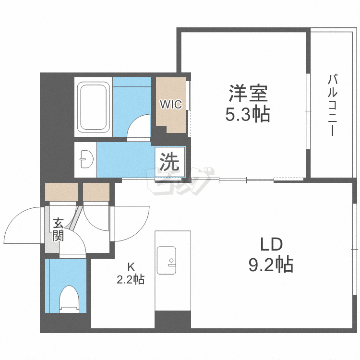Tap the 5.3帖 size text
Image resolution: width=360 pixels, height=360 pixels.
(247, 115)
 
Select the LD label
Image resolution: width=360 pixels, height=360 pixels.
(272, 244)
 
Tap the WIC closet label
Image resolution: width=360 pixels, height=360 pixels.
(171, 104)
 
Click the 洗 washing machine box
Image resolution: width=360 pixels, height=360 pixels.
(169, 162)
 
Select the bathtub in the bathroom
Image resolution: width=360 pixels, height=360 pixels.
(94, 107)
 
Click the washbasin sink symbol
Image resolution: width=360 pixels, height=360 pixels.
(86, 159)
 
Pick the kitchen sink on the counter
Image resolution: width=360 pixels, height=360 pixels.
(167, 261)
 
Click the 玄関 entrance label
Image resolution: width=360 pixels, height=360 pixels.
(58, 229)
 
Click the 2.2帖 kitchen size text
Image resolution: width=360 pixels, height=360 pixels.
(131, 279)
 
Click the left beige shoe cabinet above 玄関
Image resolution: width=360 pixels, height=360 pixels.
(61, 192)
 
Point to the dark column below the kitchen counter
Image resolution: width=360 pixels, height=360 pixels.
(172, 319)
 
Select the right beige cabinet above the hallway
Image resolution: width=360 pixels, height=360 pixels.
(96, 192)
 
